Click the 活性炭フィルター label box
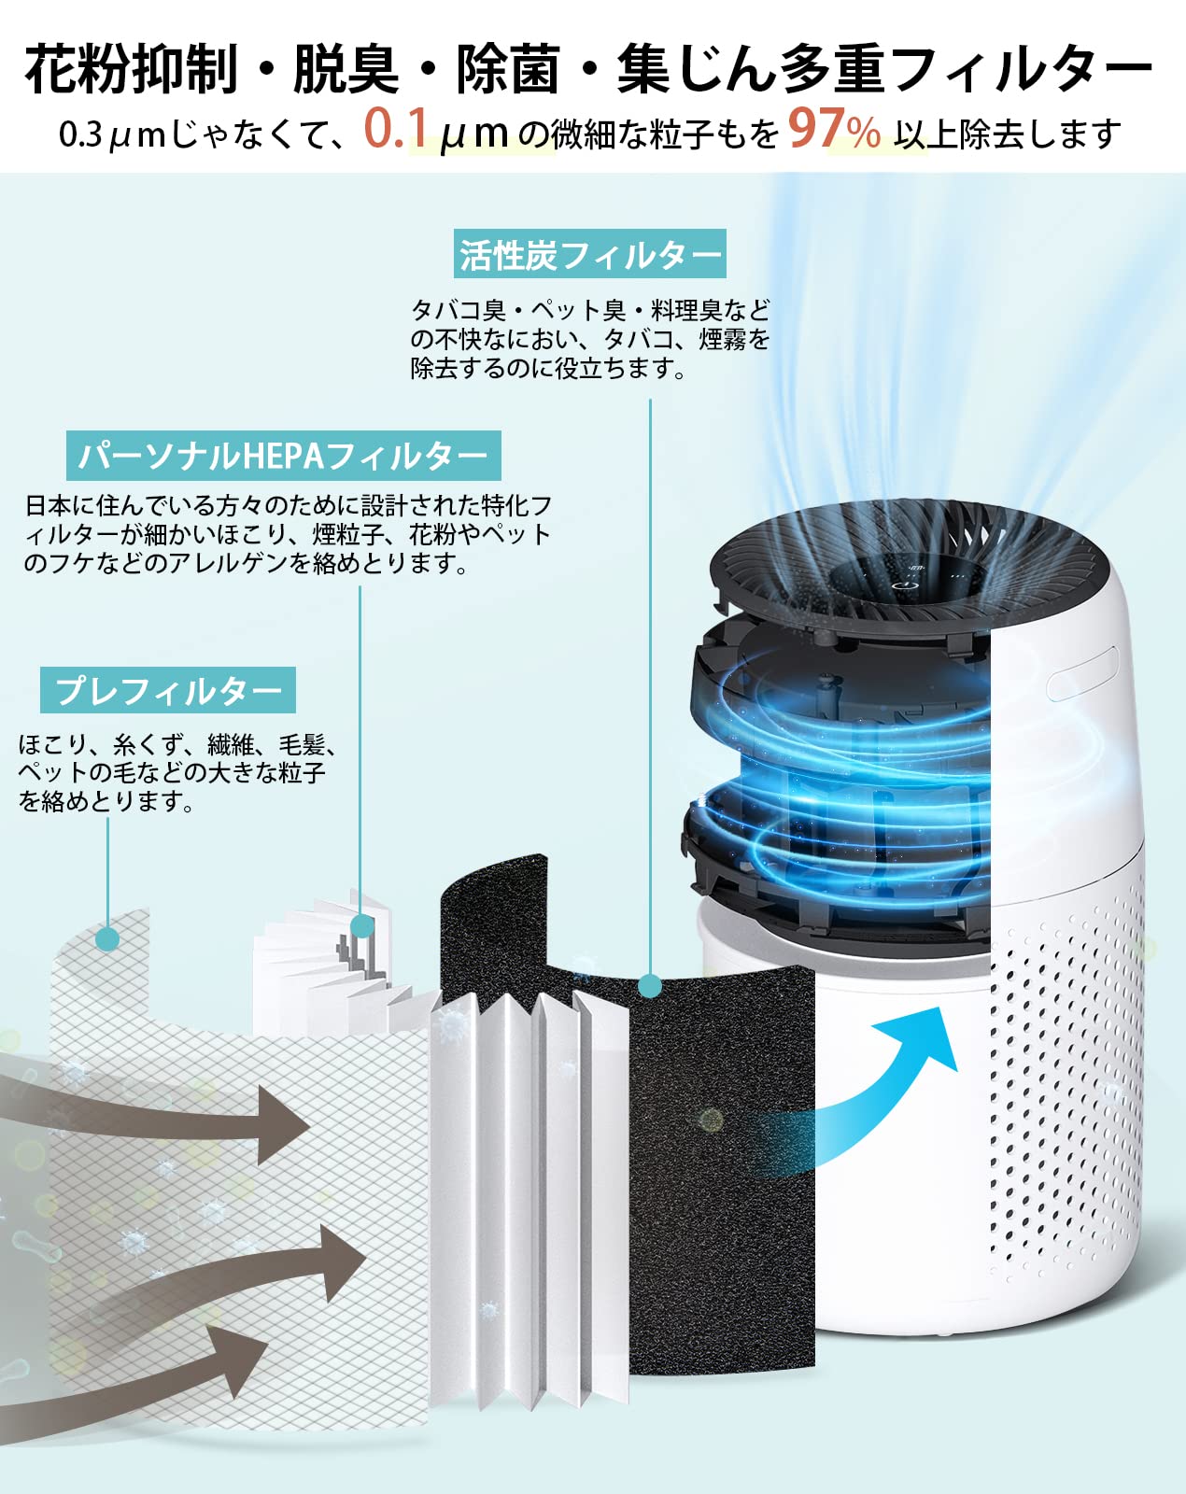(589, 253)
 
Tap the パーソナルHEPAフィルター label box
(283, 456)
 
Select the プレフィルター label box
(168, 689)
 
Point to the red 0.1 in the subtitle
(396, 130)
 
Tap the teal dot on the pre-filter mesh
(107, 937)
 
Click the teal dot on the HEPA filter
(361, 926)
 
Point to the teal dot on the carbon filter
(650, 984)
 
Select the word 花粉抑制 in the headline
(132, 69)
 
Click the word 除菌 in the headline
(508, 69)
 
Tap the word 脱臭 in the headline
(346, 69)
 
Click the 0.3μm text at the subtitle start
(111, 134)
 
